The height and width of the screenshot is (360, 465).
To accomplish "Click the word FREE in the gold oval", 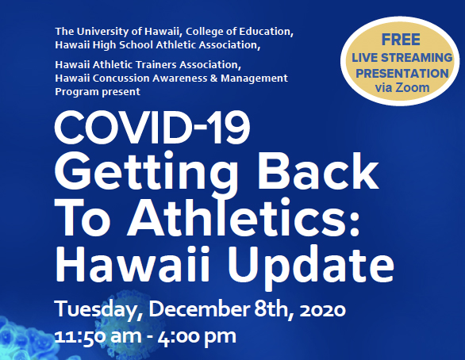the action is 401,40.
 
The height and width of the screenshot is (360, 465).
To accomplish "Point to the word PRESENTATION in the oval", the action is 402,73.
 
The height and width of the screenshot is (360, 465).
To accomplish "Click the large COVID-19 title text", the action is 152,128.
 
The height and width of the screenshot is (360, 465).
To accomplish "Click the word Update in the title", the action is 311,265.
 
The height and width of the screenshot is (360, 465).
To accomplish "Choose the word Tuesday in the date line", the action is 96,311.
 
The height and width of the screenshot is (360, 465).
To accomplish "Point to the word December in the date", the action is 199,309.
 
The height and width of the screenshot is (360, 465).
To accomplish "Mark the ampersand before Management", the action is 215,79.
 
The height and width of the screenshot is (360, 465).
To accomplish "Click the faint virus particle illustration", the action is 130,320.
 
